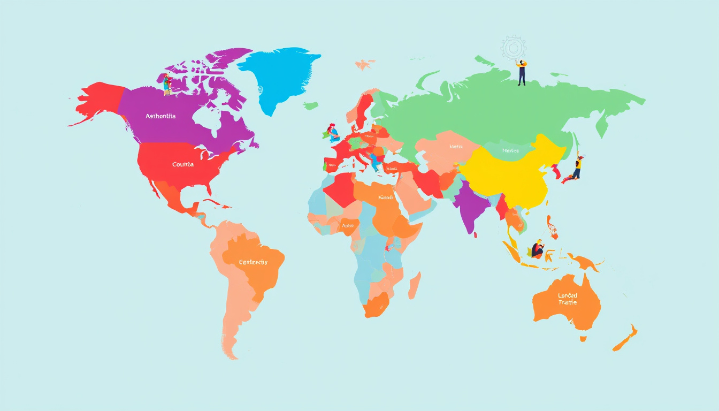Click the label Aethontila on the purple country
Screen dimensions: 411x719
point(160,116)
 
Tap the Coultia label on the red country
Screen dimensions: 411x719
point(183,164)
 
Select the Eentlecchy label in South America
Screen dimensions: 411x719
point(254,262)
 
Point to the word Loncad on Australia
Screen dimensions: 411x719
point(568,295)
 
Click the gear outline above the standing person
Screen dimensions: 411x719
point(514,48)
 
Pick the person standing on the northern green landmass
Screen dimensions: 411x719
point(522,73)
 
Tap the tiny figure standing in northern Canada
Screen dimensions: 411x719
point(167,85)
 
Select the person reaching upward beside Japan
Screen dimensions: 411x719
point(577,167)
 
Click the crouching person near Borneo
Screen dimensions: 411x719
point(537,250)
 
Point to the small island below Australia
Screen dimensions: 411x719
point(583,338)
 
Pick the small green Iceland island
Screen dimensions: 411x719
point(311,106)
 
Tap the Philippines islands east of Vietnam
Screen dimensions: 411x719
point(552,227)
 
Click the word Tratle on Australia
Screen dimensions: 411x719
point(568,303)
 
